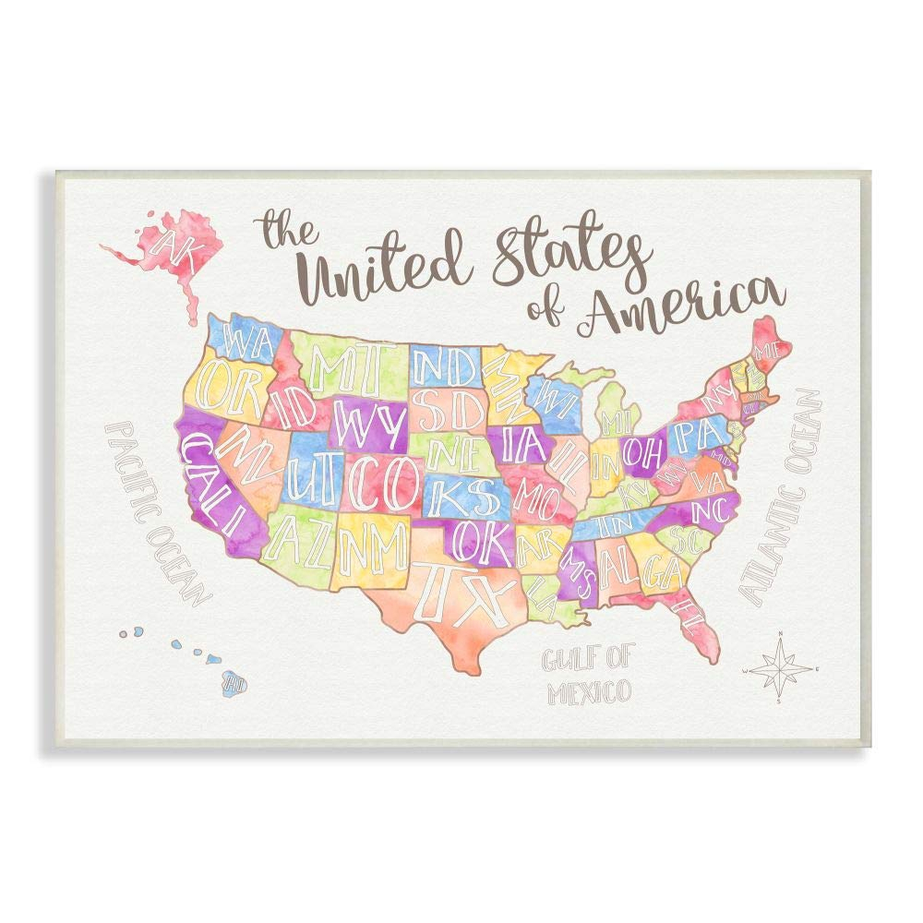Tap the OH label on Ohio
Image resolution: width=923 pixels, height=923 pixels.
coord(640,451)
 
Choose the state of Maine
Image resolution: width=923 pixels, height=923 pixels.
coord(766,349)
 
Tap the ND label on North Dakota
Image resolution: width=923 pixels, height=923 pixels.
coord(446,366)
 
